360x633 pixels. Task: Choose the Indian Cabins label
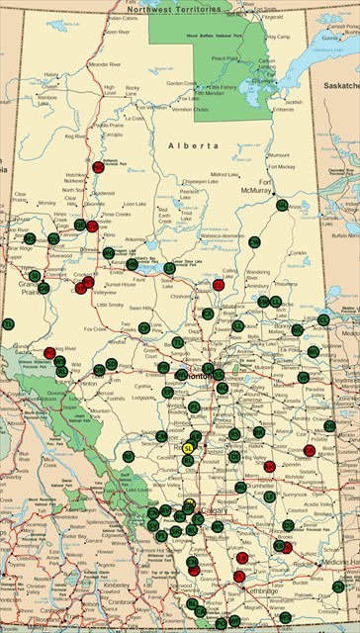coord(123,18)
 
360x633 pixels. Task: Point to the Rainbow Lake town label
coord(46,96)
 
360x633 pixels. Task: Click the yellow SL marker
coord(187,447)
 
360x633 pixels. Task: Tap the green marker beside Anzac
coord(283,205)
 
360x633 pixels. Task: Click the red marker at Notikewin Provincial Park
coord(98,167)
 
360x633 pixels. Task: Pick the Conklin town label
coord(298,252)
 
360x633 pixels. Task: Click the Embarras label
coord(283,109)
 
